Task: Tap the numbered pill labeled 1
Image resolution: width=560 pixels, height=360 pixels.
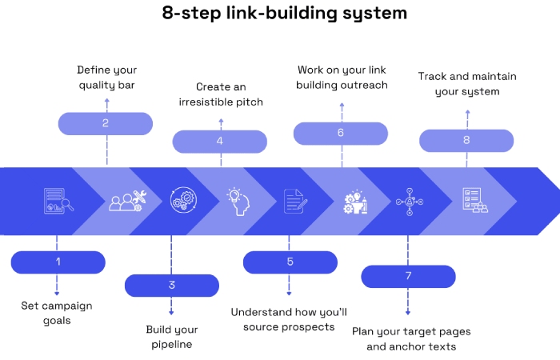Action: pyautogui.click(x=58, y=262)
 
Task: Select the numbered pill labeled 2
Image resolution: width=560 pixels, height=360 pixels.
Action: pyautogui.click(x=106, y=123)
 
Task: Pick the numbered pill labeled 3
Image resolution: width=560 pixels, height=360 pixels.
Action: pyautogui.click(x=171, y=285)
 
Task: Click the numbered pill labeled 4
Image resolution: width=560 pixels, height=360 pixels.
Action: pyautogui.click(x=220, y=142)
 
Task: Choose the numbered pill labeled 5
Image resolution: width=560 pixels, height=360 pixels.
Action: pyautogui.click(x=290, y=262)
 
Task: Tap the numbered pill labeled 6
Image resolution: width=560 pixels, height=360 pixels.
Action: pyautogui.click(x=341, y=133)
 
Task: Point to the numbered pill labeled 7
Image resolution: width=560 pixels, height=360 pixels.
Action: pyautogui.click(x=408, y=276)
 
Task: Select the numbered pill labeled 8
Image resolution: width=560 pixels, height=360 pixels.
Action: pyautogui.click(x=467, y=141)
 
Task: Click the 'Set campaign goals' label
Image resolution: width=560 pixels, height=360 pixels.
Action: pyautogui.click(x=57, y=313)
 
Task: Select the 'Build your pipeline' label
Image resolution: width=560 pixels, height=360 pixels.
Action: pyautogui.click(x=171, y=337)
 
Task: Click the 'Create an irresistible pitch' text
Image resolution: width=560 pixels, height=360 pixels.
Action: pyautogui.click(x=221, y=94)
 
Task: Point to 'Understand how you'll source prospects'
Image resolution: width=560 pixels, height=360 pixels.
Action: pyautogui.click(x=289, y=319)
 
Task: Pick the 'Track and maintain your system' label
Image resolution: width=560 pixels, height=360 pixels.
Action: pyautogui.click(x=467, y=84)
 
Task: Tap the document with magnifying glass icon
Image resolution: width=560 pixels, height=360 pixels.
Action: pyautogui.click(x=58, y=201)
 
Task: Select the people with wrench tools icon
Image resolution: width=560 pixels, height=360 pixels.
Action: pyautogui.click(x=126, y=201)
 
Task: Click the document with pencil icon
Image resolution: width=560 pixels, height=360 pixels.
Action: pyautogui.click(x=294, y=201)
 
